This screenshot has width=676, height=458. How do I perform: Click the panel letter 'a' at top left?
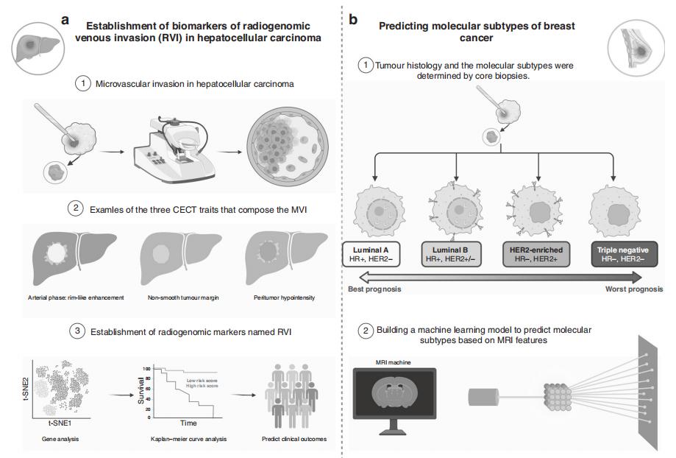click(65, 20)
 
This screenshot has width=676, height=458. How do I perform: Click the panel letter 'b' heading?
click(353, 20)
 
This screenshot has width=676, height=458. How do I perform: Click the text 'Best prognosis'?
click(374, 289)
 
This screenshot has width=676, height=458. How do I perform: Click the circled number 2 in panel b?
click(366, 331)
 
